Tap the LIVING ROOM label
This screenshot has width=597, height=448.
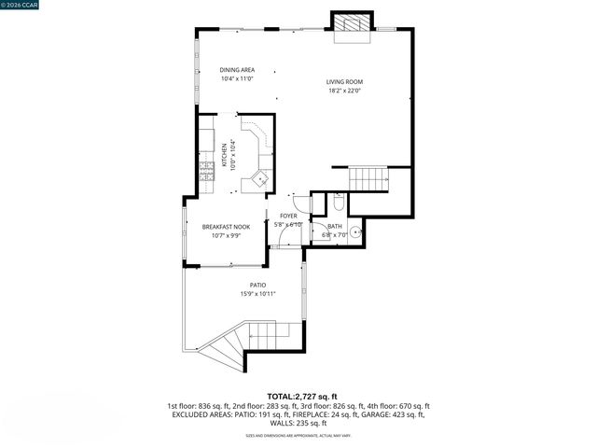(344, 81)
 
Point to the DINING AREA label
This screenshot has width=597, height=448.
(237, 70)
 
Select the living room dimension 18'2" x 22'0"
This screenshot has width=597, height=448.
(344, 91)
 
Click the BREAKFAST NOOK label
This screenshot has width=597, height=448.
(226, 227)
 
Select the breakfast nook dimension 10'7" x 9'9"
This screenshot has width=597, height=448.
(226, 236)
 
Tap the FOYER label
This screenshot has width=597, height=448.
(288, 217)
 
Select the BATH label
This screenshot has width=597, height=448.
(334, 227)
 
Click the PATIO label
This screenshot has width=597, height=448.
(257, 286)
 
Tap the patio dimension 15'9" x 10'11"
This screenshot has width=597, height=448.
(257, 295)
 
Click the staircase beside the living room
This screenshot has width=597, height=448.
(368, 177)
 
